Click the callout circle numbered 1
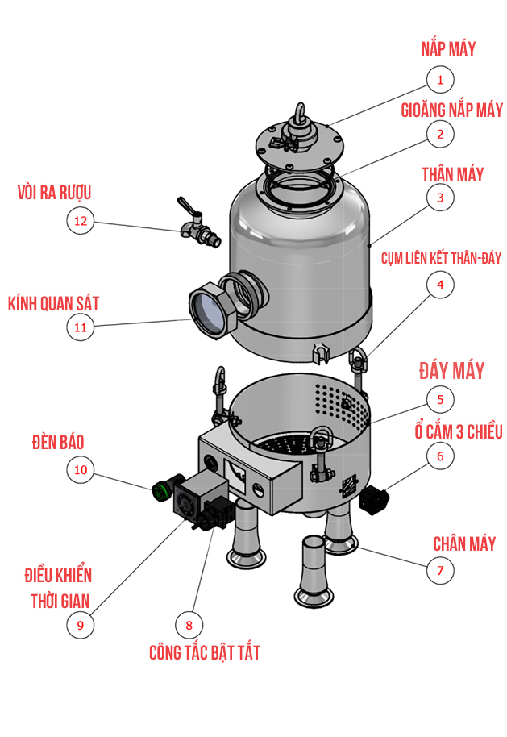[440, 79]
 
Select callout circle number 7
[439, 571]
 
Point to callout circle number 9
[80, 623]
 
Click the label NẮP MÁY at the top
[448, 48]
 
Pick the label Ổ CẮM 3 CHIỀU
[453, 431]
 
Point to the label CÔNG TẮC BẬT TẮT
[205, 652]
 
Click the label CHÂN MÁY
[464, 543]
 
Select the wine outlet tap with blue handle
[196, 227]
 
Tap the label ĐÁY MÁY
[451, 370]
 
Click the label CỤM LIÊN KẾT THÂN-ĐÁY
[441, 258]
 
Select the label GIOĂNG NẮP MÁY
[451, 110]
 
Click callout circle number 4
[439, 284]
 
